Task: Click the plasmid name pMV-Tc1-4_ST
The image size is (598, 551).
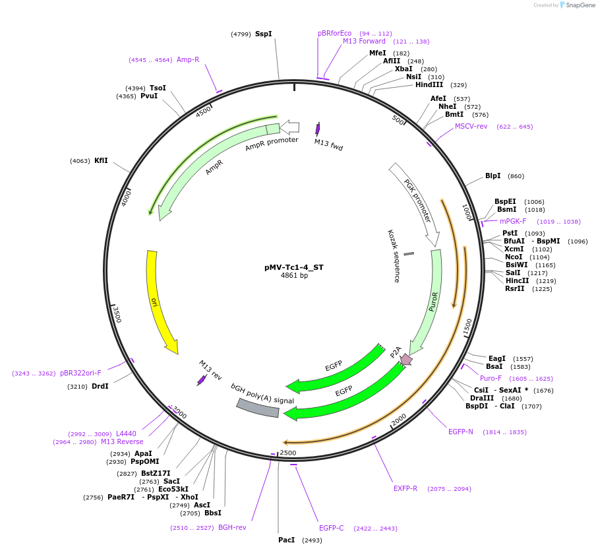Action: tap(294, 267)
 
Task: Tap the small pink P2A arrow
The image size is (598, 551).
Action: tap(405, 359)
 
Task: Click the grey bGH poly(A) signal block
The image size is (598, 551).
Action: tap(258, 409)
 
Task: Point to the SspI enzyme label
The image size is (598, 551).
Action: tap(263, 34)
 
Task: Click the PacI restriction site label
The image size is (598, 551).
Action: tap(286, 540)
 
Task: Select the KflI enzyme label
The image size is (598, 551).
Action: tap(101, 160)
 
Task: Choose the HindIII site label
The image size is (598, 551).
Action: tap(429, 84)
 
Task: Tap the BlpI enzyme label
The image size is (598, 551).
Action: tap(493, 176)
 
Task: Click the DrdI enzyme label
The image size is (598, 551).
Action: tap(100, 386)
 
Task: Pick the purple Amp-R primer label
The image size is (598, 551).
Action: tap(188, 59)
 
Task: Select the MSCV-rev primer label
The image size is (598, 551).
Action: tap(471, 126)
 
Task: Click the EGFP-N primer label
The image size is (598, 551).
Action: tap(461, 432)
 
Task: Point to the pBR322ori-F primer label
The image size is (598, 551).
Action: tap(80, 373)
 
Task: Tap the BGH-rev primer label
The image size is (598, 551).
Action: tap(232, 527)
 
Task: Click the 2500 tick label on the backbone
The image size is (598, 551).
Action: tap(288, 453)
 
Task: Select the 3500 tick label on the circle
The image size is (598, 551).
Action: tap(117, 314)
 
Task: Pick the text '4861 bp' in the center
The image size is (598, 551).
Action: tap(294, 276)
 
